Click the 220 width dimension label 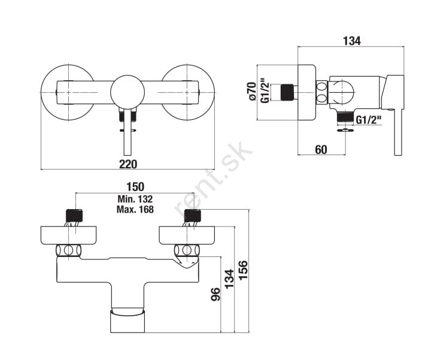(128, 164)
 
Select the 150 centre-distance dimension (135, 187)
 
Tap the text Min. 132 (135, 199)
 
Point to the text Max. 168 (135, 210)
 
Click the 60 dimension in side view (321, 150)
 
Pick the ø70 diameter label (252, 91)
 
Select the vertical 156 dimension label (243, 270)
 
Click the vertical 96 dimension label (215, 294)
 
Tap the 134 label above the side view (352, 41)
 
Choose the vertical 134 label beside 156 (229, 279)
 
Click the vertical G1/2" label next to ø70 (265, 90)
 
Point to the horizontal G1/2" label (368, 120)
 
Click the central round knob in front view (127, 92)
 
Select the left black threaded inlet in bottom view (74, 216)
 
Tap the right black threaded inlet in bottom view (193, 216)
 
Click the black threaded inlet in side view (287, 92)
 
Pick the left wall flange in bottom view (69, 235)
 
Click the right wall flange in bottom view (187, 235)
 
